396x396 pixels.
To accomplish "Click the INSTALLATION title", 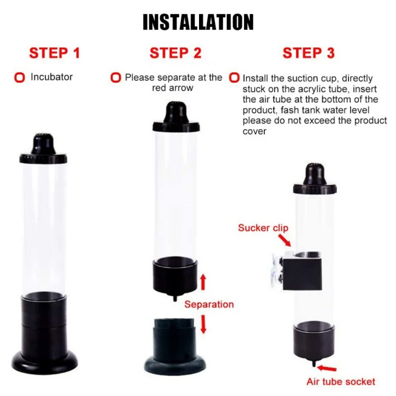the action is point(198,22).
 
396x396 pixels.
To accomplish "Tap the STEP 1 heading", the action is point(54,53).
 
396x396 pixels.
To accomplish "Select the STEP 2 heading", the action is point(176,53).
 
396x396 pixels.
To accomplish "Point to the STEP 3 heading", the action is point(308,53).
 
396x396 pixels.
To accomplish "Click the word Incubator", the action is point(51,77).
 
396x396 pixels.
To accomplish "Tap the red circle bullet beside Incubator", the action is point(19,78).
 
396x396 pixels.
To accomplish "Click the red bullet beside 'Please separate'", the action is point(116,78).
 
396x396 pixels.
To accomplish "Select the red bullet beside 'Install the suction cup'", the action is point(234,78).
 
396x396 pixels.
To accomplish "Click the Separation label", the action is point(209,304).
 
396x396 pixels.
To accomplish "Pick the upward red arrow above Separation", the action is point(203,282).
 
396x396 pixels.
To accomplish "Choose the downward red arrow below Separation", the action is point(203,324).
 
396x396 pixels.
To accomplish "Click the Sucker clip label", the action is point(263,228).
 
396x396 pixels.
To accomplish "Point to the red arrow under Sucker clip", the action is point(285,240).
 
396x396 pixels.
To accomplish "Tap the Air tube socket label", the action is point(341,382).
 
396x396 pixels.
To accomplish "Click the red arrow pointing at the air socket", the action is point(327,368).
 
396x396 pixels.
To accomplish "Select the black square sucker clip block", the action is point(302,271).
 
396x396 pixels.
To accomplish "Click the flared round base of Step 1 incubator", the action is point(45,360).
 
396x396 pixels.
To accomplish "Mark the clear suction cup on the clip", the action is point(277,270).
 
